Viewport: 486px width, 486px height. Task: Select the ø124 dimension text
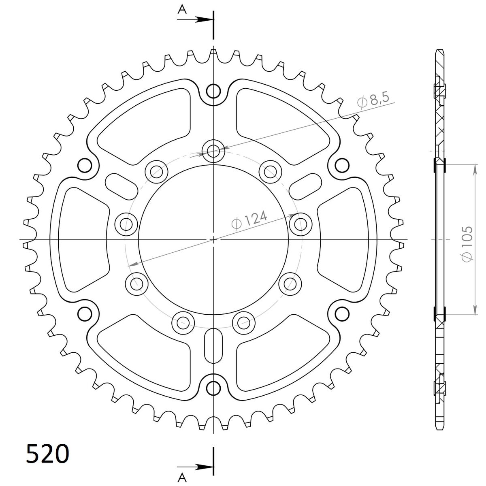[x=249, y=220]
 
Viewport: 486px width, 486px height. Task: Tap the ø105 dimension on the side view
[x=467, y=244]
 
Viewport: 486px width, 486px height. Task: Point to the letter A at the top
[x=182, y=10]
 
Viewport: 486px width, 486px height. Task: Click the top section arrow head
[x=203, y=20]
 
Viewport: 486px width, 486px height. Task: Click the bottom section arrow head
[x=203, y=467]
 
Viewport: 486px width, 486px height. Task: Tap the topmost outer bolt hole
[x=213, y=91]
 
